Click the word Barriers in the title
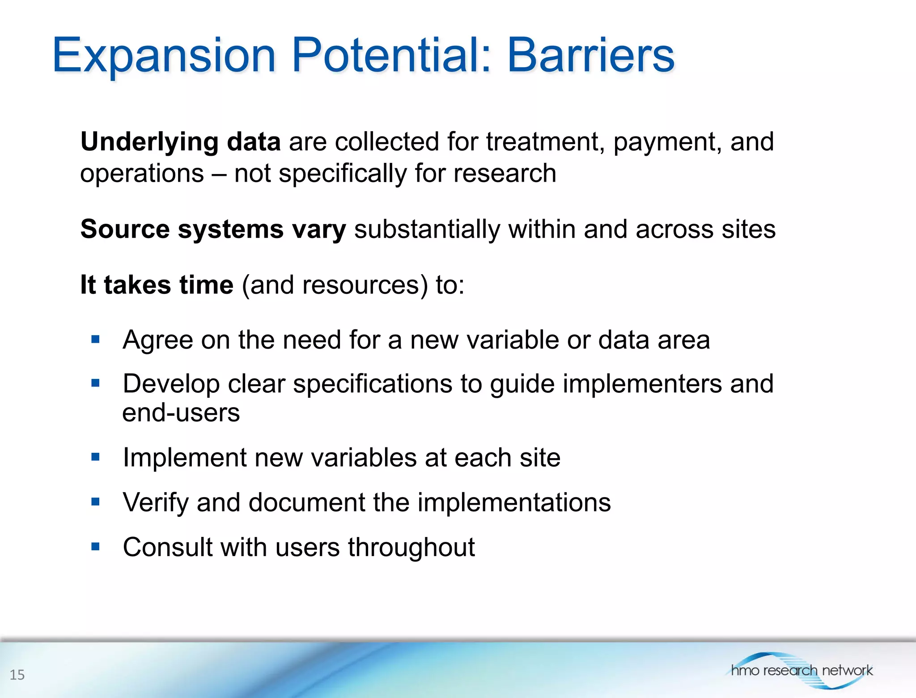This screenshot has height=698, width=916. [x=590, y=55]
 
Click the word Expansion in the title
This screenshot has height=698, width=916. [x=164, y=55]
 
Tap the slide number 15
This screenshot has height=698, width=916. [x=17, y=675]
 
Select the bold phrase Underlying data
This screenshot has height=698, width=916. [x=180, y=142]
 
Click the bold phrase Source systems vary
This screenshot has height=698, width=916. [x=213, y=229]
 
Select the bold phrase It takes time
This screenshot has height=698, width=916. [x=157, y=285]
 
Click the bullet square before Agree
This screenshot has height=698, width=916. [x=95, y=339]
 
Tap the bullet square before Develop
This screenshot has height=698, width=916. [x=95, y=383]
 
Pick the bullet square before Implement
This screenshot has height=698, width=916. [x=95, y=457]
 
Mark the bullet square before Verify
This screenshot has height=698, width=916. [x=95, y=502]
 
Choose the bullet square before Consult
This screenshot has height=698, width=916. [x=95, y=546]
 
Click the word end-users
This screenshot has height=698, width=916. [x=181, y=413]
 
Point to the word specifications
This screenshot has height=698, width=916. [x=373, y=384]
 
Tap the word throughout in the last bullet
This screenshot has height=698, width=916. [x=411, y=547]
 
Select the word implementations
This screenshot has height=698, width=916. [x=514, y=502]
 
